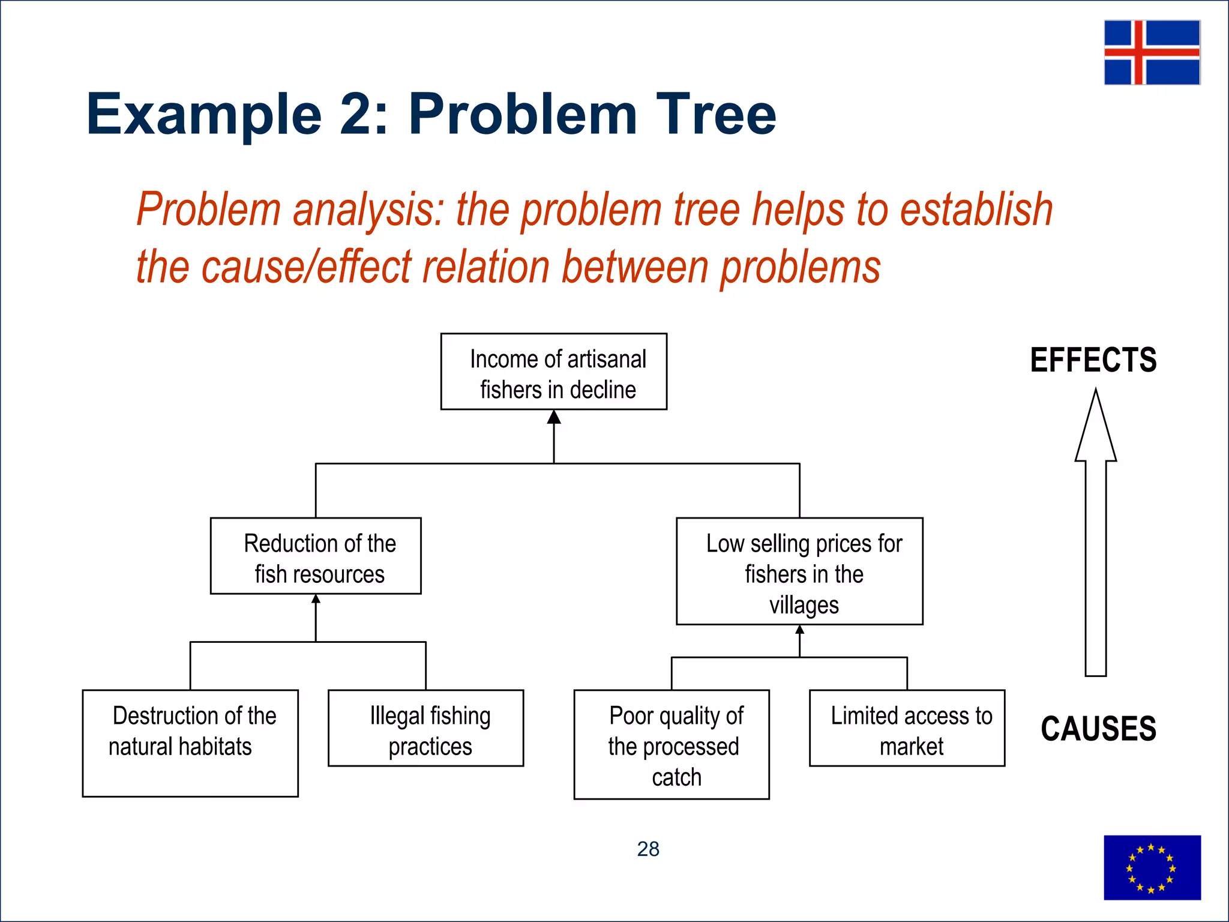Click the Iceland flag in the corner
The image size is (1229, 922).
coord(1152,52)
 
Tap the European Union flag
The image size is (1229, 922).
coord(1152,867)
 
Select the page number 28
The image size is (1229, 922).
coord(648,849)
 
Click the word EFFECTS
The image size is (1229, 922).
coord(1093,360)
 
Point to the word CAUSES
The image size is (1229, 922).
coord(1098,729)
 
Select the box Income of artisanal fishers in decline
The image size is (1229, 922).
coord(553,372)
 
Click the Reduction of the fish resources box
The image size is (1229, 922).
coord(316,556)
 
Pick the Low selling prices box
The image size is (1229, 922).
coord(799,571)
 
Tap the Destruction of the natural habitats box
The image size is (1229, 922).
coord(190,743)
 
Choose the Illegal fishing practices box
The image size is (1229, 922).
coord(426,728)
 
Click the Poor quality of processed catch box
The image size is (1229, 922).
coord(672,744)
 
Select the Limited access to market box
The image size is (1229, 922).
coord(907,728)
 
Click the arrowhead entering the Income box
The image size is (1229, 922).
coord(554,417)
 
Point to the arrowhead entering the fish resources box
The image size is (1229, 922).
coord(316,598)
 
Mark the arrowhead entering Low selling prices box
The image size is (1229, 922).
coord(800,630)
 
